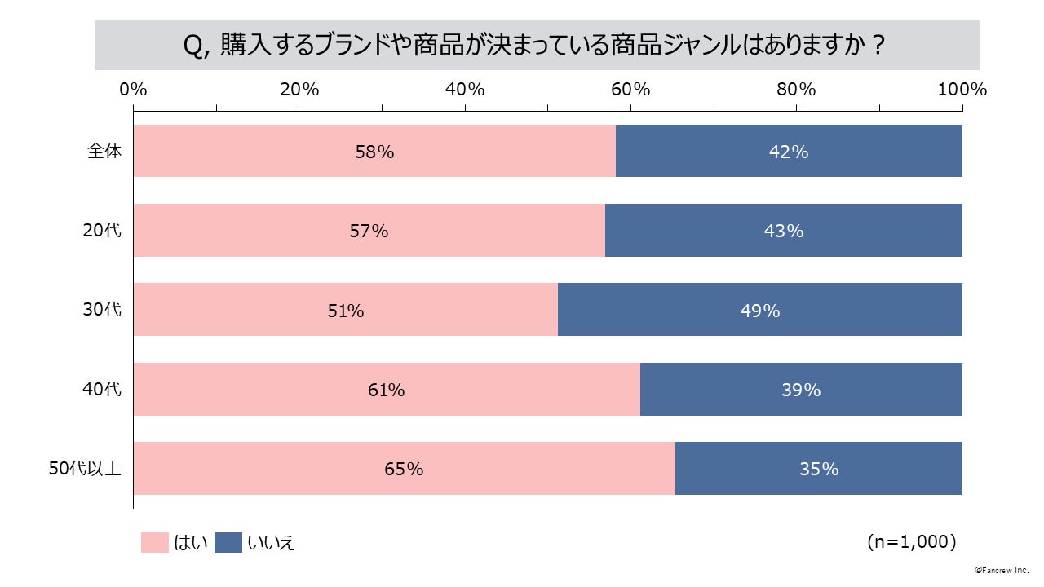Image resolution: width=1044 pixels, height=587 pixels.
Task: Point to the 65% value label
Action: click(x=404, y=470)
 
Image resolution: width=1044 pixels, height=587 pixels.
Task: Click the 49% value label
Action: click(x=760, y=311)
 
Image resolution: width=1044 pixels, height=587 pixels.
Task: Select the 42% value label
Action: click(x=789, y=152)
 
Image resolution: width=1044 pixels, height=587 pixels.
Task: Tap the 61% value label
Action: click(x=386, y=391)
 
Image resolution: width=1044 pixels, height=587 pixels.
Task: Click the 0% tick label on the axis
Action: click(x=133, y=90)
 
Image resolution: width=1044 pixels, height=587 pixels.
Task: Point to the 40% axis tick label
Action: click(x=465, y=90)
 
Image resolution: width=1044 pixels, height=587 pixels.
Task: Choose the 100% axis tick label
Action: click(x=962, y=90)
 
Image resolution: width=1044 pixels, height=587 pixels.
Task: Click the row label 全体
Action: click(x=104, y=151)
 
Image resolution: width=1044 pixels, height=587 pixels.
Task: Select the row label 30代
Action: click(x=102, y=310)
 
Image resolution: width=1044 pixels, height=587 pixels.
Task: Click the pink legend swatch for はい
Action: click(x=154, y=542)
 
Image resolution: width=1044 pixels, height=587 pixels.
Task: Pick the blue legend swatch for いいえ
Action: click(x=228, y=542)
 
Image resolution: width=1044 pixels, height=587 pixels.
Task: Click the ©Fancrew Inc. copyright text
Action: click(x=1002, y=569)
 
